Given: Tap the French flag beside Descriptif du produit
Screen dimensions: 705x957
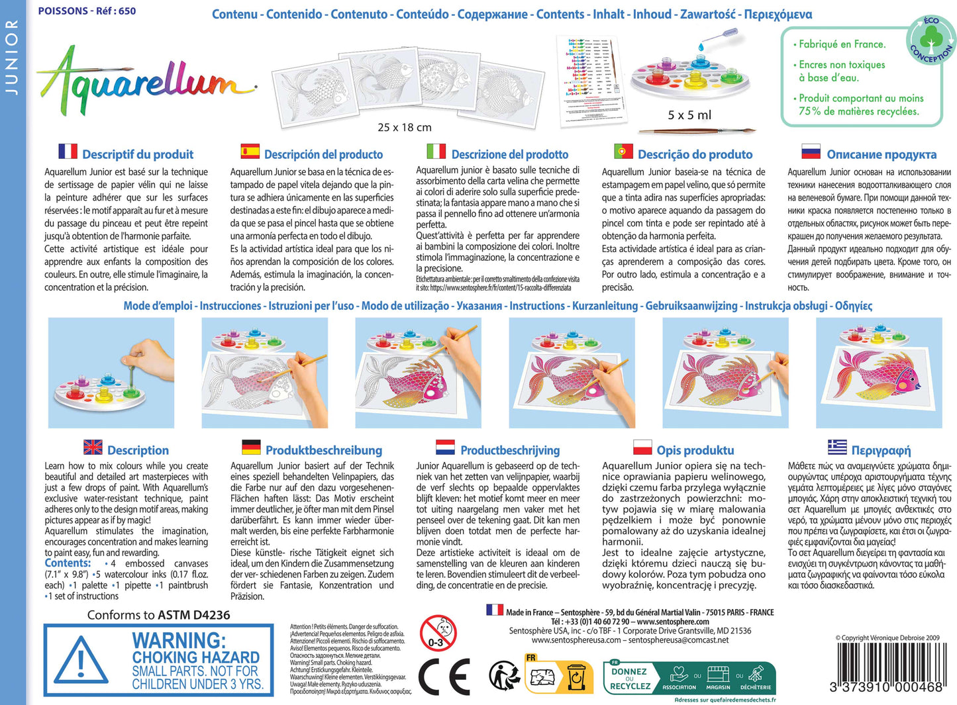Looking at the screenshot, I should pyautogui.click(x=68, y=152).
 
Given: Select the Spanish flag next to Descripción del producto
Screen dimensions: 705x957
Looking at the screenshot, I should pyautogui.click(x=250, y=152).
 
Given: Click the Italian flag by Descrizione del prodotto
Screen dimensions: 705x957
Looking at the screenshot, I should pyautogui.click(x=436, y=152).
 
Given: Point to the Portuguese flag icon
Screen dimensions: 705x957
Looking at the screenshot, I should pyautogui.click(x=623, y=152).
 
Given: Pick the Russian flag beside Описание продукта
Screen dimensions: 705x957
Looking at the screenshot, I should pyautogui.click(x=811, y=152).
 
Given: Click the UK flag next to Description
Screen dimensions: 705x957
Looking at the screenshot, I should pyautogui.click(x=93, y=447).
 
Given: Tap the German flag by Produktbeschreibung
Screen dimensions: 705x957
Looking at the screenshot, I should pyautogui.click(x=251, y=447).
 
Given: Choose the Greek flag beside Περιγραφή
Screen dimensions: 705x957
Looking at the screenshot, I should pyautogui.click(x=837, y=447).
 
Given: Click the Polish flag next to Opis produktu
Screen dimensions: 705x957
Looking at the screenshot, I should pyautogui.click(x=642, y=447).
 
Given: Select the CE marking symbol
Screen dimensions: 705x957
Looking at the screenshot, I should pyautogui.click(x=444, y=677).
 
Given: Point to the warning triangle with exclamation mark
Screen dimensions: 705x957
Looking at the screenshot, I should pyautogui.click(x=81, y=662).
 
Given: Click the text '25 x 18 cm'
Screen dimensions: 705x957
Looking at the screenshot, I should pyautogui.click(x=404, y=127).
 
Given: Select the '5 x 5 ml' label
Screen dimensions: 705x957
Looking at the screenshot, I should pyautogui.click(x=689, y=115).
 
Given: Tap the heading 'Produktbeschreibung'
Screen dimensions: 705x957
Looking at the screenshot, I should pyautogui.click(x=324, y=450).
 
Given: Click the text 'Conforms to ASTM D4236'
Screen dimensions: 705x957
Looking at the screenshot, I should pyautogui.click(x=158, y=615).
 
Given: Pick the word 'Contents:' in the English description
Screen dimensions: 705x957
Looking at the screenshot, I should pyautogui.click(x=68, y=563).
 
